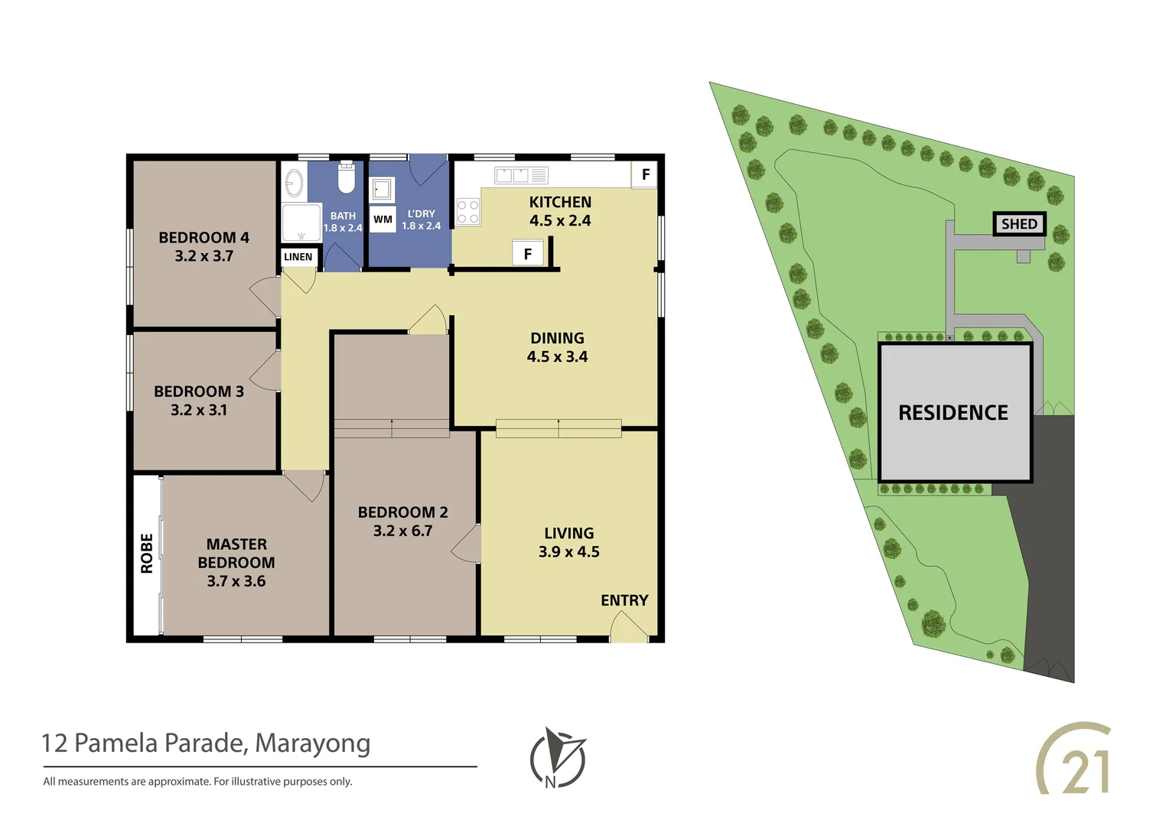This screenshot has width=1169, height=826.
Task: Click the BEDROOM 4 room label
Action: click(204, 238)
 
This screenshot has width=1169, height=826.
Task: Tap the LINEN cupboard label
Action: click(298, 257)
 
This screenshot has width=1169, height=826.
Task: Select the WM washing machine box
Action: click(383, 220)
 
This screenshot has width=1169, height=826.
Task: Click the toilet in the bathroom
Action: click(347, 178)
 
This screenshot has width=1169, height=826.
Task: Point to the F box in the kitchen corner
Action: click(645, 174)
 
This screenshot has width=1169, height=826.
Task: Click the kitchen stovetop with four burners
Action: click(467, 212)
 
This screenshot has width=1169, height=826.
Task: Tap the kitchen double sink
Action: click(512, 175)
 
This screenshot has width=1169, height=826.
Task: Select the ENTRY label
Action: click(624, 600)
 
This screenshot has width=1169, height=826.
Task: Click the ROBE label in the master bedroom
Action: click(147, 553)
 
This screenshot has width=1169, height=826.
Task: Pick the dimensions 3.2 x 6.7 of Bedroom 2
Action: click(402, 531)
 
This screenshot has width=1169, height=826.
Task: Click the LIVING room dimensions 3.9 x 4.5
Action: click(568, 552)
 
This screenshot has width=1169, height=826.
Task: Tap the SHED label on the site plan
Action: click(1019, 224)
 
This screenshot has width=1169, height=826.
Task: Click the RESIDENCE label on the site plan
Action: click(953, 413)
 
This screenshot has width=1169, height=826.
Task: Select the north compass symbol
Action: click(558, 758)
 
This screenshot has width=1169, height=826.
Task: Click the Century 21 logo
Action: click(1075, 759)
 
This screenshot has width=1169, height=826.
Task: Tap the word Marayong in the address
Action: click(312, 743)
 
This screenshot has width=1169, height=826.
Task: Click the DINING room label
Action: click(557, 338)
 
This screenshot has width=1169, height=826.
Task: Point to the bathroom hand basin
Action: click(294, 184)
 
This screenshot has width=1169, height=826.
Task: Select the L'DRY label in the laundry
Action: click(421, 214)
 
